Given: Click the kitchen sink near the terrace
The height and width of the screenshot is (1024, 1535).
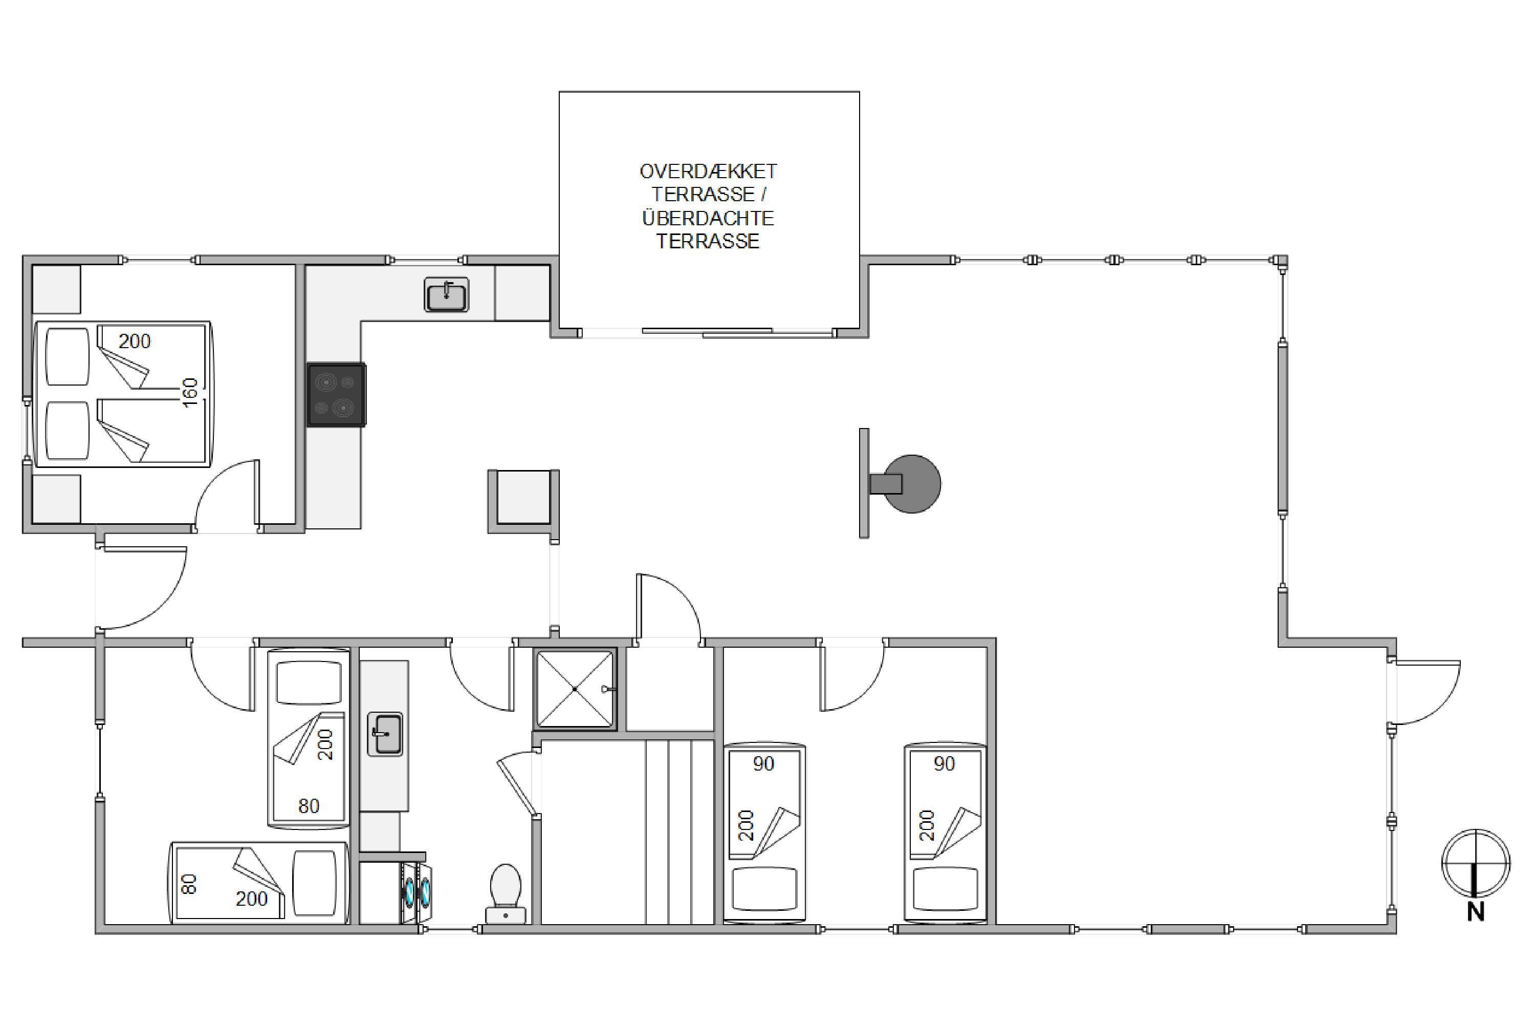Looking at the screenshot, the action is pyautogui.click(x=446, y=294).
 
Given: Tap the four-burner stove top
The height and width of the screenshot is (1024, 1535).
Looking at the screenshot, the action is pyautogui.click(x=337, y=394).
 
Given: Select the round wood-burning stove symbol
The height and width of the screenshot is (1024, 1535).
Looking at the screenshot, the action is pyautogui.click(x=912, y=484).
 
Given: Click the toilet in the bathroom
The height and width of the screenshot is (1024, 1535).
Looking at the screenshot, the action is pyautogui.click(x=506, y=893).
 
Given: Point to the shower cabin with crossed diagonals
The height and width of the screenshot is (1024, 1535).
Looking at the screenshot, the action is pyautogui.click(x=575, y=688).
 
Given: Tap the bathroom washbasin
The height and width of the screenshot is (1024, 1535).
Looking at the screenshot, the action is pyautogui.click(x=385, y=734).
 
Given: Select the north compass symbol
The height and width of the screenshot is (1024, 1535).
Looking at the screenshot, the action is pyautogui.click(x=1476, y=863).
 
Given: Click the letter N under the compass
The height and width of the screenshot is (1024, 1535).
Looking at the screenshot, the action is pyautogui.click(x=1476, y=912).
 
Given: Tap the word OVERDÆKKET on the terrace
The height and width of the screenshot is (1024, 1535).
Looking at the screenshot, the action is pyautogui.click(x=708, y=172).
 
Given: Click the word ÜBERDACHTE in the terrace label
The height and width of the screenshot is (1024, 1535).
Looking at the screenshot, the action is pyautogui.click(x=708, y=218).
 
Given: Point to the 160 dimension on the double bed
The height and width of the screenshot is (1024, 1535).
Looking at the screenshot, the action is pyautogui.click(x=190, y=393).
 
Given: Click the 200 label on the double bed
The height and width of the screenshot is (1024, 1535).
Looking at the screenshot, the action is pyautogui.click(x=135, y=341).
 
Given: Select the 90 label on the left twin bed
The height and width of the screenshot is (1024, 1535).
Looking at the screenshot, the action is pyautogui.click(x=763, y=763).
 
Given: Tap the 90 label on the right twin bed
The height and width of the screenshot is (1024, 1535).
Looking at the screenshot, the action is pyautogui.click(x=945, y=763).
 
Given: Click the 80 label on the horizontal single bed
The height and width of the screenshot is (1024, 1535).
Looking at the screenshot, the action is pyautogui.click(x=189, y=885).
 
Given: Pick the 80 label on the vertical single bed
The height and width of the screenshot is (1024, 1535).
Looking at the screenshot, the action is pyautogui.click(x=309, y=806).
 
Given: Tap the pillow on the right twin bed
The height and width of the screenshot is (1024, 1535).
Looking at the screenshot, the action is pyautogui.click(x=946, y=888).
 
